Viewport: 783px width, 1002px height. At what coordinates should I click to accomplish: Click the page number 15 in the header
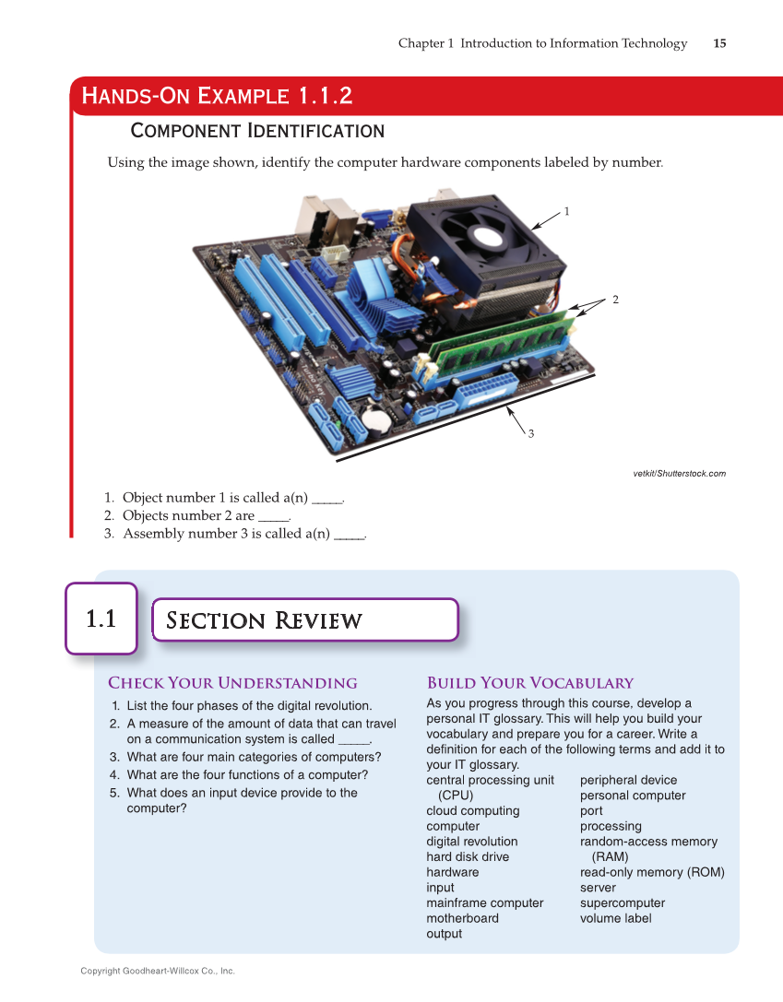pyautogui.click(x=719, y=43)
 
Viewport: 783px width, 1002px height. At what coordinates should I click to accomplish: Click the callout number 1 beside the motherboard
pyautogui.click(x=566, y=211)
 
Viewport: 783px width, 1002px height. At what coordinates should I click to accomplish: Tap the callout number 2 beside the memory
pyautogui.click(x=614, y=300)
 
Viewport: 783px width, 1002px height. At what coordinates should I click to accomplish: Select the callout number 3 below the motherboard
pyautogui.click(x=531, y=433)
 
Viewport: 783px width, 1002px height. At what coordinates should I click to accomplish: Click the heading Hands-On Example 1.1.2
pyautogui.click(x=217, y=96)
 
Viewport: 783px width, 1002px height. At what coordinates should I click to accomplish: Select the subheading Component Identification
pyautogui.click(x=257, y=130)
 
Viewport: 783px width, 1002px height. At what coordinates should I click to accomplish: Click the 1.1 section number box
pyautogui.click(x=101, y=619)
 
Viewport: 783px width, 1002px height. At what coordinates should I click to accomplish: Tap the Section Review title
pyautogui.click(x=264, y=620)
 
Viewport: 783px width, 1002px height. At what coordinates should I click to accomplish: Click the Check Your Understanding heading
pyautogui.click(x=232, y=683)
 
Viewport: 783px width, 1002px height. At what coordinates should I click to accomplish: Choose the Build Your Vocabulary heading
pyautogui.click(x=529, y=683)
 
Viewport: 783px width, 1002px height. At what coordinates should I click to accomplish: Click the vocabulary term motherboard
pyautogui.click(x=462, y=918)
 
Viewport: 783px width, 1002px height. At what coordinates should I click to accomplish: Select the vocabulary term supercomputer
pyautogui.click(x=622, y=902)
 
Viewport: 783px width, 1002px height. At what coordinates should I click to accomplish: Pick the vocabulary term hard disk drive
pyautogui.click(x=467, y=856)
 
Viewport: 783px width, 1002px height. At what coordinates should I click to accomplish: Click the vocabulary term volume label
pyautogui.click(x=615, y=918)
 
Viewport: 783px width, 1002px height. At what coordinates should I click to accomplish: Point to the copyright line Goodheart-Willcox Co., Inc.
pyautogui.click(x=158, y=971)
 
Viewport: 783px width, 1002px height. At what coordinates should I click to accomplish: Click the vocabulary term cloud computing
pyautogui.click(x=472, y=810)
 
